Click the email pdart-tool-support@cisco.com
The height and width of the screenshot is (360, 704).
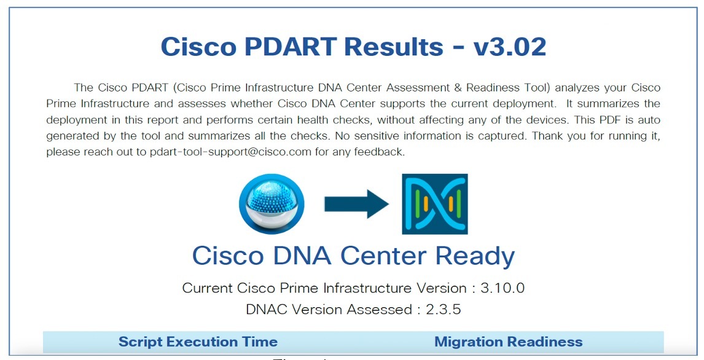[x=230, y=152]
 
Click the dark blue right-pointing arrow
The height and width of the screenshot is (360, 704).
[x=356, y=204]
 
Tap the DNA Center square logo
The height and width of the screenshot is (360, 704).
[x=434, y=204]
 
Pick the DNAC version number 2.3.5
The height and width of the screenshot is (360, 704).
[x=444, y=310]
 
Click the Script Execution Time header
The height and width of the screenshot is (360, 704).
[x=198, y=342]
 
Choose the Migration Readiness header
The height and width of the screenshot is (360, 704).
[x=508, y=342]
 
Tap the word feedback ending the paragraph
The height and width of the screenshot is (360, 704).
[x=381, y=152]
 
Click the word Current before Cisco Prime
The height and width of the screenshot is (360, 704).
[x=208, y=288]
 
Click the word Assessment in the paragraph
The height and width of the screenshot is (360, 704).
[x=386, y=88]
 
